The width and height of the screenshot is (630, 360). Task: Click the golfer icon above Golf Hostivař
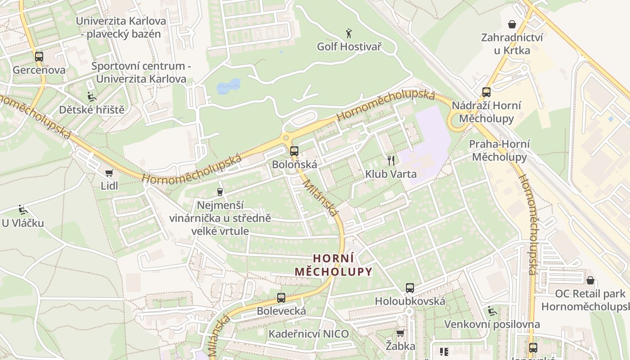click(349, 33)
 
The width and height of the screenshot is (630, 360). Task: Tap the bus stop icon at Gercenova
click(39, 57)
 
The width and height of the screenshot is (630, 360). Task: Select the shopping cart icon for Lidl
click(109, 173)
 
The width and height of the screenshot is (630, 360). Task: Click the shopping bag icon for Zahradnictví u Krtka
click(512, 24)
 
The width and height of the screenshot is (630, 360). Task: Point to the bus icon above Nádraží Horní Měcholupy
click(486, 92)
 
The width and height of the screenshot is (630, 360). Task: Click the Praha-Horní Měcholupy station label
click(498, 151)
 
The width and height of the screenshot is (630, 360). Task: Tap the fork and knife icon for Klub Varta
click(391, 161)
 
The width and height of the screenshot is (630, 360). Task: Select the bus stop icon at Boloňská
click(294, 151)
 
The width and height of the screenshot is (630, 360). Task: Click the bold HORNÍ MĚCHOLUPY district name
click(333, 265)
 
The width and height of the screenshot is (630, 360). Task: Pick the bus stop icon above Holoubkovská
click(409, 288)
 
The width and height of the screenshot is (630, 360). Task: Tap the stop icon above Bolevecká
click(281, 297)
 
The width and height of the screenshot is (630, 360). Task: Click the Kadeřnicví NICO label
click(309, 334)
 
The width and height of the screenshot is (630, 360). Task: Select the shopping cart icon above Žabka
click(400, 333)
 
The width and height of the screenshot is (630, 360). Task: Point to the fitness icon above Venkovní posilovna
click(492, 311)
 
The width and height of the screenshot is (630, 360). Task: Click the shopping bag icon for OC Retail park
click(590, 280)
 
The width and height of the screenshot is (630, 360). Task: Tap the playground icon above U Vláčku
click(22, 210)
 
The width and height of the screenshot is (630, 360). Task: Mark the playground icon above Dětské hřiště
click(91, 96)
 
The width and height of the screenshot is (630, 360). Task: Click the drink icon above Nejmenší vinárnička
click(220, 192)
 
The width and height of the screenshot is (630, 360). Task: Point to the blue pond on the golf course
click(229, 86)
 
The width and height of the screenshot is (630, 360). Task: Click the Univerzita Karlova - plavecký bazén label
click(121, 27)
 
